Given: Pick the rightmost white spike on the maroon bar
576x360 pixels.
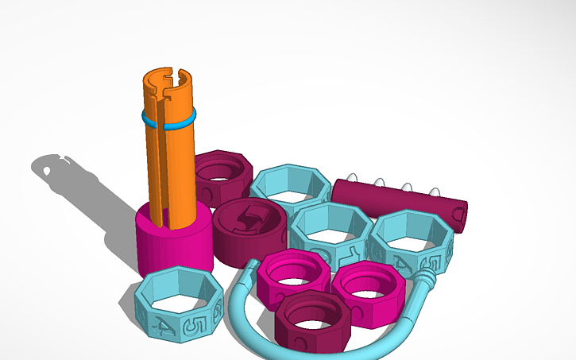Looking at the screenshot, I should [435, 191].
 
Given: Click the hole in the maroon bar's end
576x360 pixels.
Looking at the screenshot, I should [458, 212].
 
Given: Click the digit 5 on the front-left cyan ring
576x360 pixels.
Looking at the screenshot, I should [191, 326].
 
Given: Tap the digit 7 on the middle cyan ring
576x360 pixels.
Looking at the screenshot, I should [347, 254].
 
